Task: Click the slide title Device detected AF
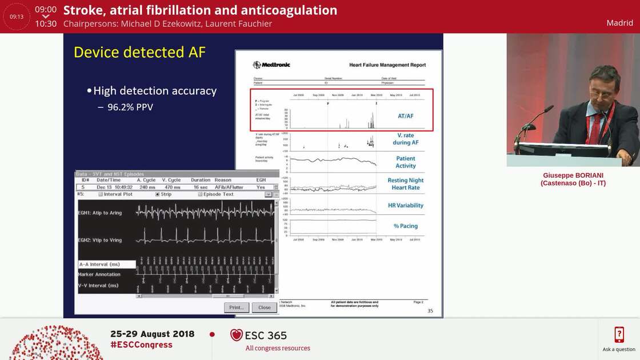(139, 53)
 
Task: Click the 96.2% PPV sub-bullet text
(130, 107)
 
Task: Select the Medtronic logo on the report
(272, 65)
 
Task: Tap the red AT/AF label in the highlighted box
(405, 116)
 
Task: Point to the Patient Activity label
(405, 162)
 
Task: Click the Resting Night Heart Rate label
(405, 184)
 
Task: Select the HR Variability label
(405, 205)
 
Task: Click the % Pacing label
(405, 226)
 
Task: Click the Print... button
(237, 307)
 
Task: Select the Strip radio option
(157, 194)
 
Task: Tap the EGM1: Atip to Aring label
(100, 213)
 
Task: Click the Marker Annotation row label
(99, 274)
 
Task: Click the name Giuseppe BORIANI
(573, 175)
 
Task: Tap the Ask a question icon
(619, 335)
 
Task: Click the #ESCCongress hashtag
(141, 345)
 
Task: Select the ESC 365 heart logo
(237, 335)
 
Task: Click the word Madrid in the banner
(619, 23)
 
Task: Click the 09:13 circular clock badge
(17, 17)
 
